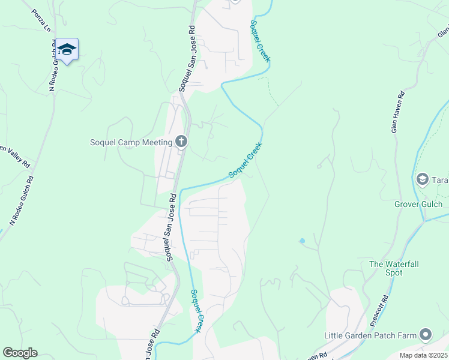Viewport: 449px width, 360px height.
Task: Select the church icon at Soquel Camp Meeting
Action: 181,142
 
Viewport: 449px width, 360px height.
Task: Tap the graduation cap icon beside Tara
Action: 423,179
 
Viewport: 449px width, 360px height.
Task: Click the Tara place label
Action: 440,179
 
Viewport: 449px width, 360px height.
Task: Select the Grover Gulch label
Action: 418,204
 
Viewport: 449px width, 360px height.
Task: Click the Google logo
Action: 20,353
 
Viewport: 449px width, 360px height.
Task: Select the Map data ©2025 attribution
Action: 423,355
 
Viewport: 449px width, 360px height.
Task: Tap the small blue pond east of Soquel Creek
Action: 302,241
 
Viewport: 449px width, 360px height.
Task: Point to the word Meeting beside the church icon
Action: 158,142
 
